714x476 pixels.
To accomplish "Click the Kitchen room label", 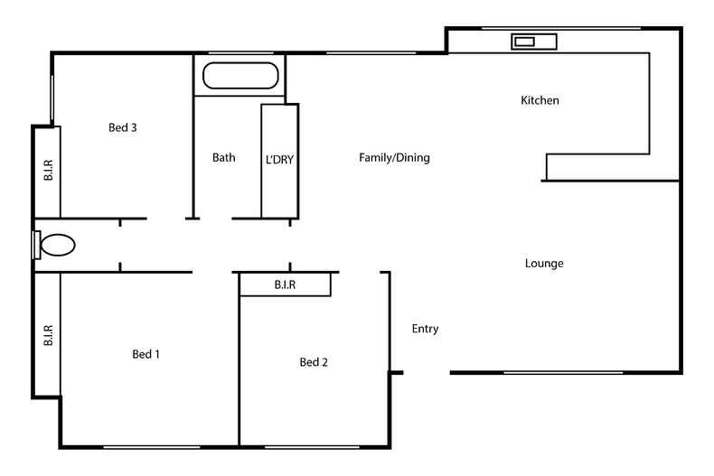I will pyautogui.click(x=540, y=100).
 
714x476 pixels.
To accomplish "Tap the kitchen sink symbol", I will pyautogui.click(x=534, y=41).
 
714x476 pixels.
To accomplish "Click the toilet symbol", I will pyautogui.click(x=57, y=245).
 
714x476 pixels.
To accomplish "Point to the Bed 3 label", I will pyautogui.click(x=122, y=127).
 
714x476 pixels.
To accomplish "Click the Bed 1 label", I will pyautogui.click(x=146, y=354).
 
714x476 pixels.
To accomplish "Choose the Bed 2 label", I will pyautogui.click(x=314, y=362).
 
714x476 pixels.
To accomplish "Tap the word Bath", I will pyautogui.click(x=223, y=157).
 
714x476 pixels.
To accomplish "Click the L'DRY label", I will pyautogui.click(x=280, y=158).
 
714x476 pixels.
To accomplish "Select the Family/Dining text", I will pyautogui.click(x=394, y=157).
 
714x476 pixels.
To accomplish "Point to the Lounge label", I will pyautogui.click(x=544, y=264).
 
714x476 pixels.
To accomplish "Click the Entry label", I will pyautogui.click(x=425, y=329).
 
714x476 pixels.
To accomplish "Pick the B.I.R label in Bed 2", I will pyautogui.click(x=286, y=285).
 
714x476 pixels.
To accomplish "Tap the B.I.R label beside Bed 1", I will pyautogui.click(x=48, y=336).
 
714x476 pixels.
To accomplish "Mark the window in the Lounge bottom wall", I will pyautogui.click(x=563, y=372).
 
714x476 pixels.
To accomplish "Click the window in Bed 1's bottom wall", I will pyautogui.click(x=151, y=446).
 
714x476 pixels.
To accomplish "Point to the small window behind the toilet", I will pyautogui.click(x=35, y=245).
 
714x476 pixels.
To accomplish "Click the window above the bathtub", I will pyautogui.click(x=239, y=53).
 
